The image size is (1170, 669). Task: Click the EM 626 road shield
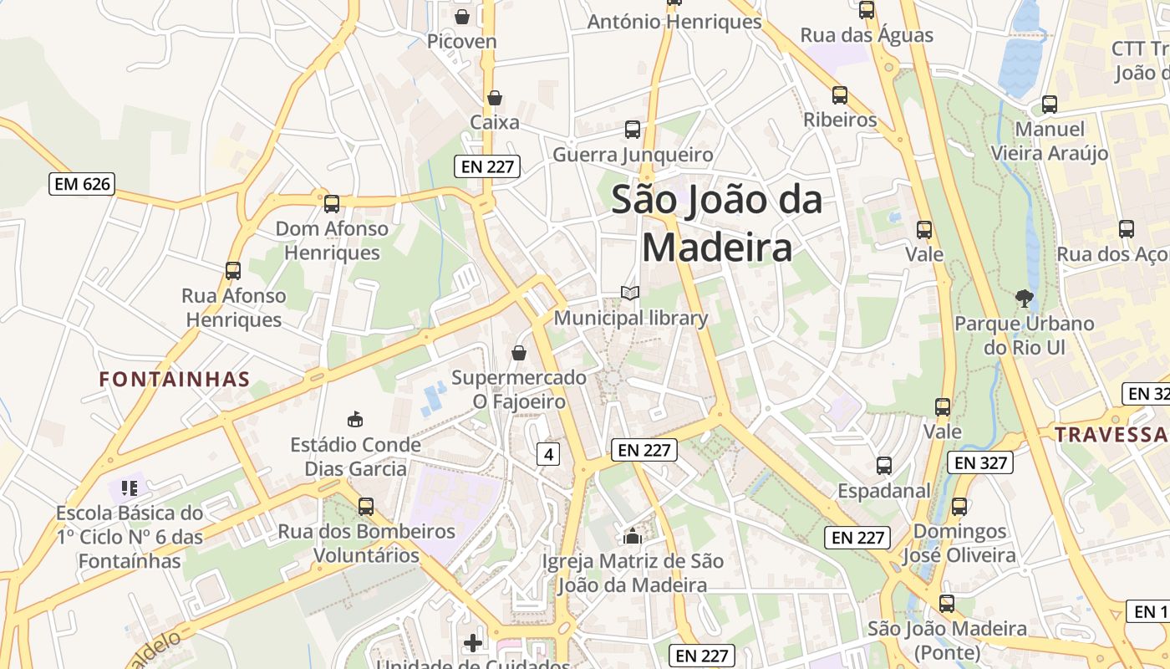click(81, 184)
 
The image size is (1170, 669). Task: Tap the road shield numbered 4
click(547, 454)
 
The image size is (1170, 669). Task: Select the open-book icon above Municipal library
click(630, 293)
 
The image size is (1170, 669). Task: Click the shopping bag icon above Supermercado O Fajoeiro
click(519, 353)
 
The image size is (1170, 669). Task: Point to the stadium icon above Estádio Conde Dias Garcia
click(355, 419)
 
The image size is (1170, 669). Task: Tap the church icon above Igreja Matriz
click(633, 535)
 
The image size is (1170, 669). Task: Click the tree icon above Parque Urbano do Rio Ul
click(1024, 298)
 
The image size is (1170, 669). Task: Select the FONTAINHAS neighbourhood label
click(175, 380)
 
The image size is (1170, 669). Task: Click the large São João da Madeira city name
click(717, 223)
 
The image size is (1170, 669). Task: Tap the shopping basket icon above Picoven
click(462, 16)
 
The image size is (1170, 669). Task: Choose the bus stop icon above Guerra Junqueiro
click(633, 130)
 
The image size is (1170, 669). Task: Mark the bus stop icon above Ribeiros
click(840, 95)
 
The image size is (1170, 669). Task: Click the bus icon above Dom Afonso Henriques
click(332, 203)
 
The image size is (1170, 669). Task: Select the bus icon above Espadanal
click(884, 466)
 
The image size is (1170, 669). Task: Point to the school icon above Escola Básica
click(129, 487)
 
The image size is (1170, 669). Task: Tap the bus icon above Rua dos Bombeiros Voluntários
click(366, 506)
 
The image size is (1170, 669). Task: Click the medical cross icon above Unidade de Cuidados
click(473, 642)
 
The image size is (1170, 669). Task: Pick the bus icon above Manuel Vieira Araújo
click(1050, 105)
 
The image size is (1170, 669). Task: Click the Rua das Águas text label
click(867, 35)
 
